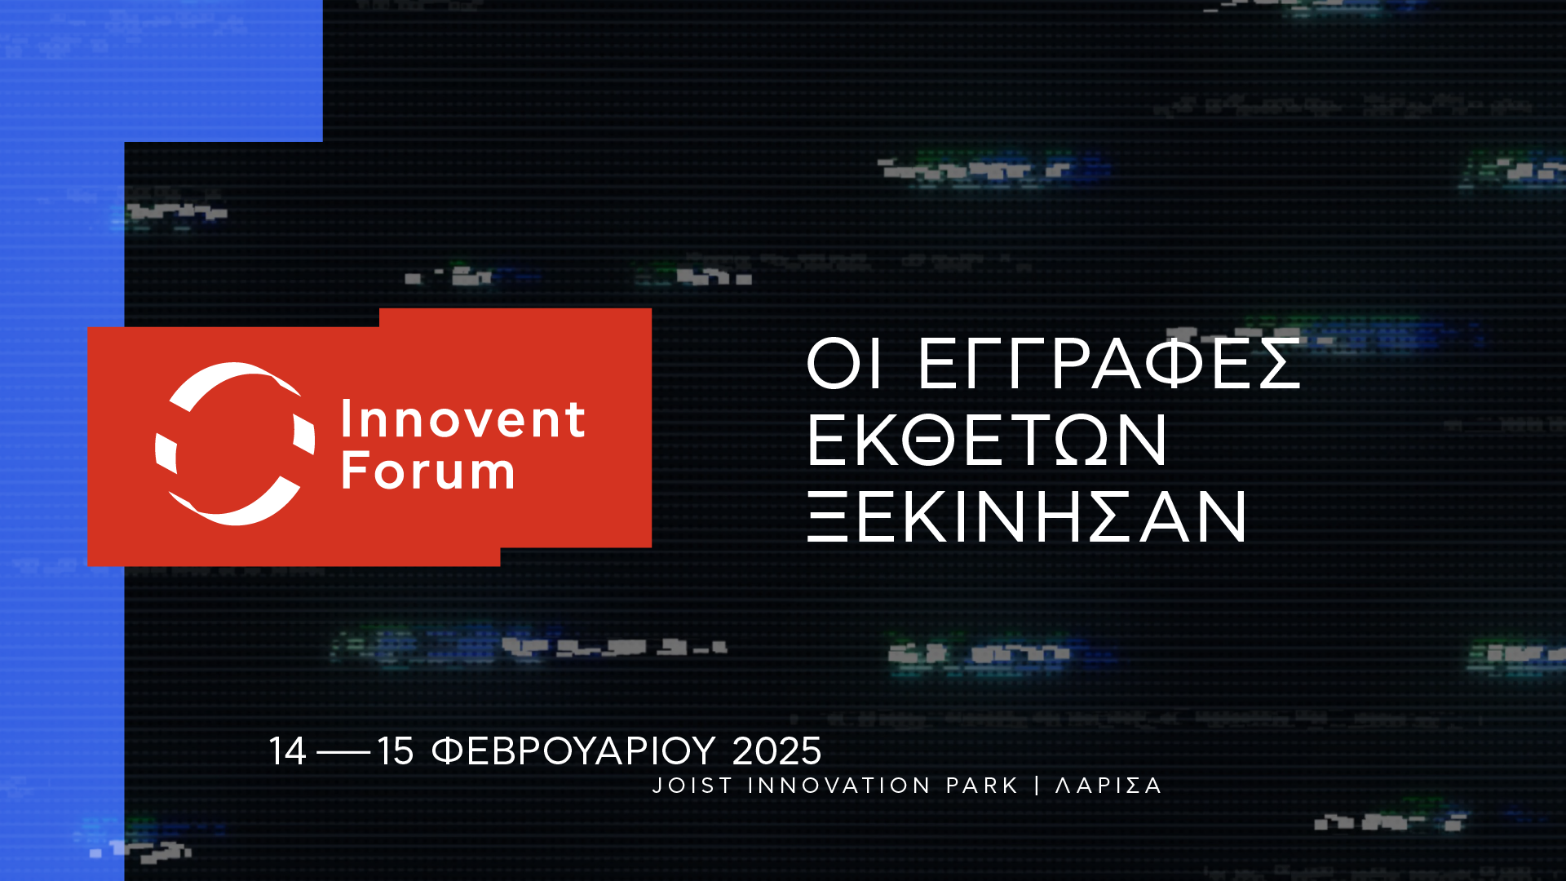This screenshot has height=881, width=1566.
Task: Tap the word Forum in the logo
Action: pos(428,470)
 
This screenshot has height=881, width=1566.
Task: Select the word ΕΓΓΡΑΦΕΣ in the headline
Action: pos(1109,364)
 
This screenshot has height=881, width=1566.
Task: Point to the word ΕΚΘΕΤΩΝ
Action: pos(987,440)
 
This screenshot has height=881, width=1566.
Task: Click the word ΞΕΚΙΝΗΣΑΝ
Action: pos(1027,516)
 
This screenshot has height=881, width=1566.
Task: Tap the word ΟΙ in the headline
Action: pos(844,364)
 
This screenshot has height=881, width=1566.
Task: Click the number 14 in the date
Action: pos(288,751)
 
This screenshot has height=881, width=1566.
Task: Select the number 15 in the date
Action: pos(396,751)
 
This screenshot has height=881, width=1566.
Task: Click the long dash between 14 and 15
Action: pos(343,752)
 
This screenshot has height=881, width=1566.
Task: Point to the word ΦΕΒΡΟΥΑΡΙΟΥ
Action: pos(573,751)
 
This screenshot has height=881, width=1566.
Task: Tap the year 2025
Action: pos(776,751)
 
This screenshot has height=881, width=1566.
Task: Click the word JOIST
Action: pos(682,786)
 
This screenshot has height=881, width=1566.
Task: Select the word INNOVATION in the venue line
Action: pos(838,786)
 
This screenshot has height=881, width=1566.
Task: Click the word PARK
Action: pos(982,786)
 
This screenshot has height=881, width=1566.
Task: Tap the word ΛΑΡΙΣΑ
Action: pos(1108,786)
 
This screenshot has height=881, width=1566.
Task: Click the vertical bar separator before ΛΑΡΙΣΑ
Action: pos(1037,786)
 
